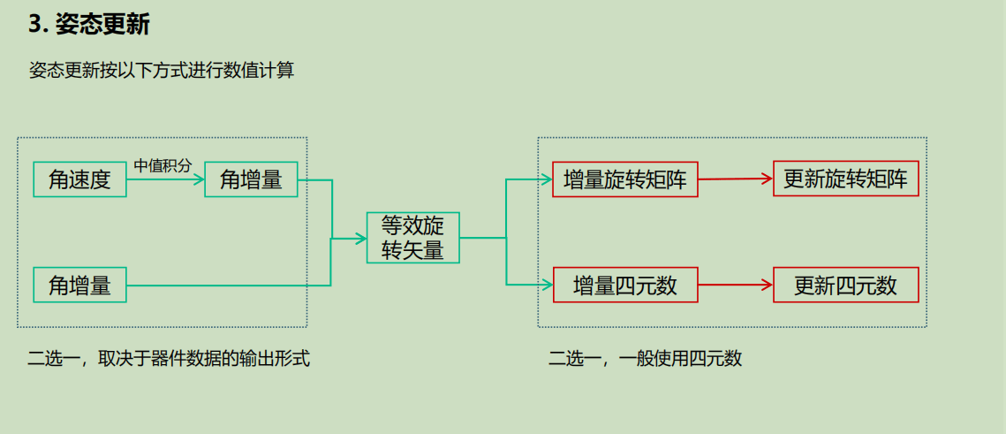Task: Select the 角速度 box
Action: pos(79,179)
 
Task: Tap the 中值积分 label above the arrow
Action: pos(163,165)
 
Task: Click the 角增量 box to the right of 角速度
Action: pos(251,179)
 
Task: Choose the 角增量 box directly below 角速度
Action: pos(79,286)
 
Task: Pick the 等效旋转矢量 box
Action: pos(413,238)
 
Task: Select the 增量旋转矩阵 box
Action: pos(624,179)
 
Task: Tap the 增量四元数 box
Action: pos(624,285)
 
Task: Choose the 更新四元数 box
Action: pos(845,285)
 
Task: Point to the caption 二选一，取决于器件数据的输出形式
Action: pos(169,359)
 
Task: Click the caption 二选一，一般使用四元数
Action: pos(645,359)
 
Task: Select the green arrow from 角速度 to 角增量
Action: pos(164,179)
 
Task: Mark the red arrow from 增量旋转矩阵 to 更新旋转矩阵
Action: pos(735,179)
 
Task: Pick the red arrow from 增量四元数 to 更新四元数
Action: pos(735,285)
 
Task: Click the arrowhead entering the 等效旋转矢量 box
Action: pos(360,238)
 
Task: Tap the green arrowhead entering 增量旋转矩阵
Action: pos(546,179)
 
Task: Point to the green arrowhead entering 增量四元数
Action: pos(546,285)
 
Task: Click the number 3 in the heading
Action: pos(35,25)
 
